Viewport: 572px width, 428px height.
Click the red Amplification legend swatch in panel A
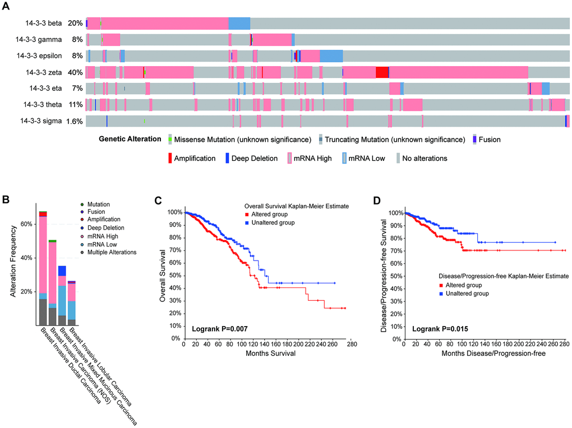pyautogui.click(x=169, y=159)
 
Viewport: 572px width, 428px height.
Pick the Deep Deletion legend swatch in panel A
pyautogui.click(x=228, y=159)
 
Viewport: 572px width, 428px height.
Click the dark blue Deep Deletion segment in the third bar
pyautogui.click(x=62, y=271)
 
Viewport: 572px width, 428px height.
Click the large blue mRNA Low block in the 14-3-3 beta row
pyautogui.click(x=239, y=23)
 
